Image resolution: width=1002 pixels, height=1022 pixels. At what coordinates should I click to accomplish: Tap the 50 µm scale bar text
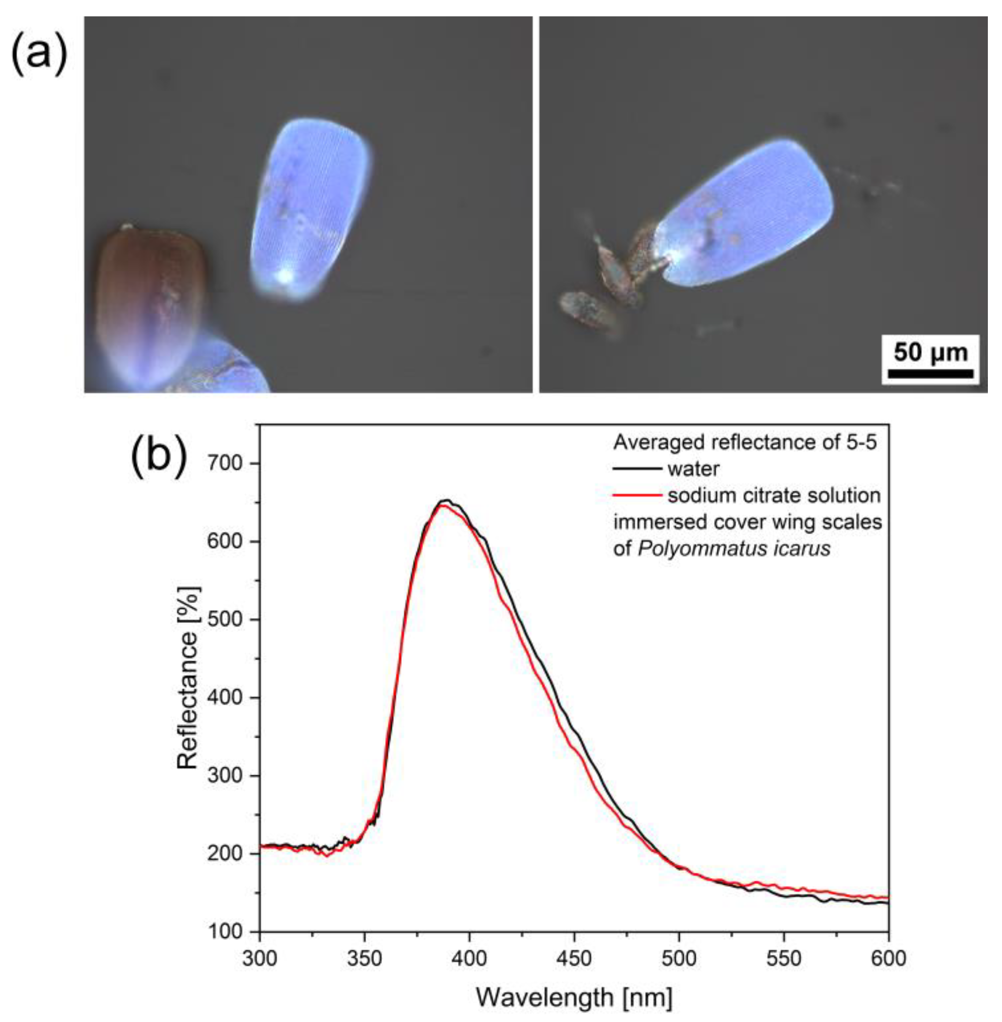930,352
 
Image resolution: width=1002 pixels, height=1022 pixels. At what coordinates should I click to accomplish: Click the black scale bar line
930,373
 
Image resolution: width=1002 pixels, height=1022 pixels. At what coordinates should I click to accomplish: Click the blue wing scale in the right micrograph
747,216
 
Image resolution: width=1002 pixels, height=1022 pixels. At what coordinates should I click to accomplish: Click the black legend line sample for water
637,469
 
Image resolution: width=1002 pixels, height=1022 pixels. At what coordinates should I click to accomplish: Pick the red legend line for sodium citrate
637,495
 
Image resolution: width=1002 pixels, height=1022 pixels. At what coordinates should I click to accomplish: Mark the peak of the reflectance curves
445,502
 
